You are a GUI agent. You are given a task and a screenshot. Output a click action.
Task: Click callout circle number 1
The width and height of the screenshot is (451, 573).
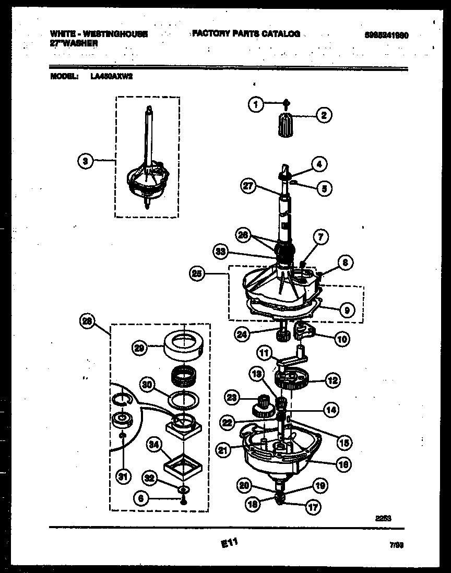[255, 105]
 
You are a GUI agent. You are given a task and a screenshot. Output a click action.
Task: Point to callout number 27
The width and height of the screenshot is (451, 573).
[250, 185]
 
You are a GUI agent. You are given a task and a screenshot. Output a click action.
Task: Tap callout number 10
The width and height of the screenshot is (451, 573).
[342, 339]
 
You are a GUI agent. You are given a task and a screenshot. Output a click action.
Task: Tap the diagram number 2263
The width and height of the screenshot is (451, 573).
[383, 518]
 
